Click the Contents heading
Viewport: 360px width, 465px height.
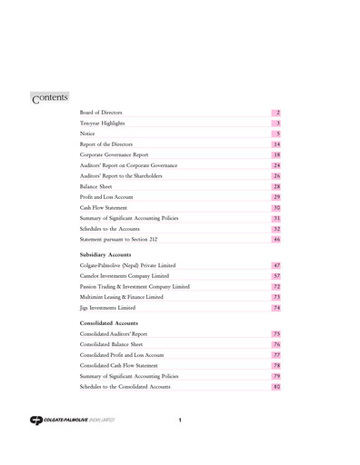(x=50, y=96)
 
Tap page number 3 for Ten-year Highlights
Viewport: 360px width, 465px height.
(x=276, y=123)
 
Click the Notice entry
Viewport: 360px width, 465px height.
(x=88, y=134)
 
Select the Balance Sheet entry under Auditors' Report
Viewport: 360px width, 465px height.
(x=96, y=186)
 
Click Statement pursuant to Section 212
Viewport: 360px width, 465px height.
(x=121, y=240)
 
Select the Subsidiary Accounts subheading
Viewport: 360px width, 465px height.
(x=107, y=255)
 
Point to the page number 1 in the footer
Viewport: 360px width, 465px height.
(x=180, y=420)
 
